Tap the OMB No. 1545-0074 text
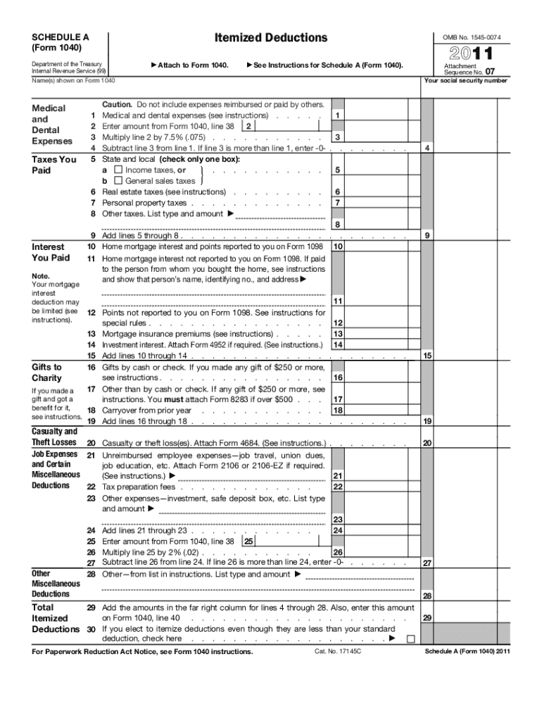pyautogui.click(x=472, y=37)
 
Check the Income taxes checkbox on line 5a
pyautogui.click(x=118, y=170)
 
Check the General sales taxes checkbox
pyautogui.click(x=118, y=181)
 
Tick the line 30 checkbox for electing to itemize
pyautogui.click(x=410, y=639)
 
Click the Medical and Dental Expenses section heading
pyautogui.click(x=49, y=125)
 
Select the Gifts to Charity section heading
pyautogui.click(x=46, y=372)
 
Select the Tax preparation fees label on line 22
pyautogui.click(x=139, y=487)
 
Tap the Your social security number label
pyautogui.click(x=465, y=80)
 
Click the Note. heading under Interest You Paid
pyautogui.click(x=40, y=275)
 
